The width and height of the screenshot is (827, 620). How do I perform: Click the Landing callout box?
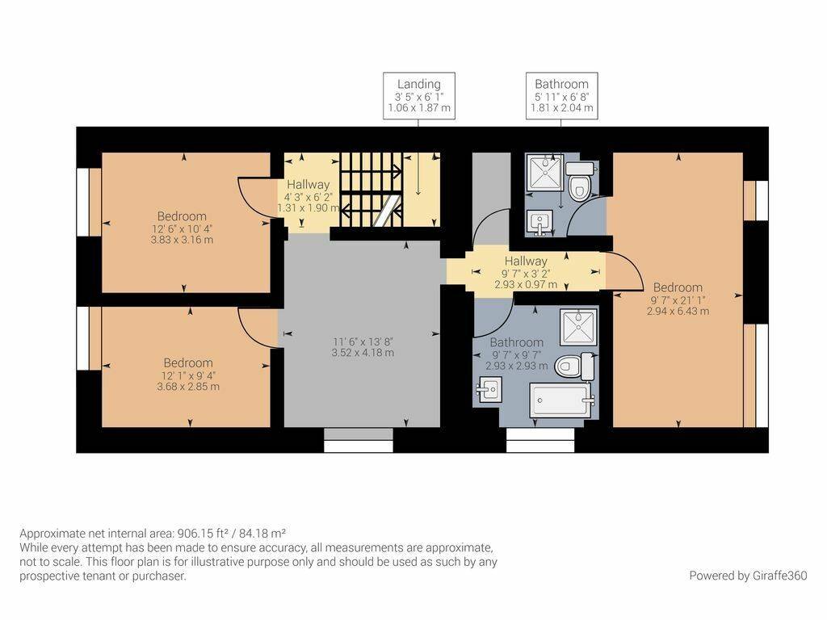tap(419, 96)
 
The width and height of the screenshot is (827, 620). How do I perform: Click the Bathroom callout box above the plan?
tap(562, 96)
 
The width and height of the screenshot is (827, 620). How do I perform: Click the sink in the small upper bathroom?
tap(539, 223)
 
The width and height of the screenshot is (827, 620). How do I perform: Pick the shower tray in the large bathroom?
tap(578, 327)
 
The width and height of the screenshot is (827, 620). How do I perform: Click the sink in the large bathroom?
tap(488, 390)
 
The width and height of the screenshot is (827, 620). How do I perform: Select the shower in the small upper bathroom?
tap(545, 172)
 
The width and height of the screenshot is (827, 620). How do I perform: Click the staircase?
tap(372, 190)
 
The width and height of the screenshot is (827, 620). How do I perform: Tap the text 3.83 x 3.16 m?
tap(182, 240)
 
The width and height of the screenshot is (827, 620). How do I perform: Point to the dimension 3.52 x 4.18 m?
tap(363, 353)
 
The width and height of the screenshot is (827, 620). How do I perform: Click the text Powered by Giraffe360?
tap(748, 576)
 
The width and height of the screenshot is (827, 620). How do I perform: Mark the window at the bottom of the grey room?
tap(359, 440)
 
